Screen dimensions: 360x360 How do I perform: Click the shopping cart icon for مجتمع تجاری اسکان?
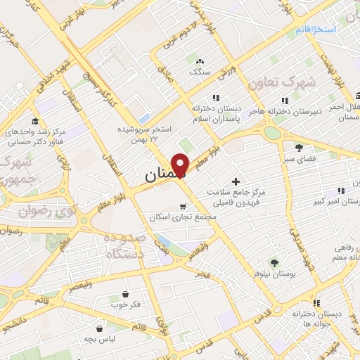tap(184, 207)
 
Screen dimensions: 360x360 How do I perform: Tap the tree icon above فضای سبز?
tap(299, 148)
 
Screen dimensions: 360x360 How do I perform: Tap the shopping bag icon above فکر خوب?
tap(125, 295)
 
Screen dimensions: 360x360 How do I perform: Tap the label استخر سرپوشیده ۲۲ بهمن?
tap(145, 136)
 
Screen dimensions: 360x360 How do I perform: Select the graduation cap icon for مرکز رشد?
tap(36, 121)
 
